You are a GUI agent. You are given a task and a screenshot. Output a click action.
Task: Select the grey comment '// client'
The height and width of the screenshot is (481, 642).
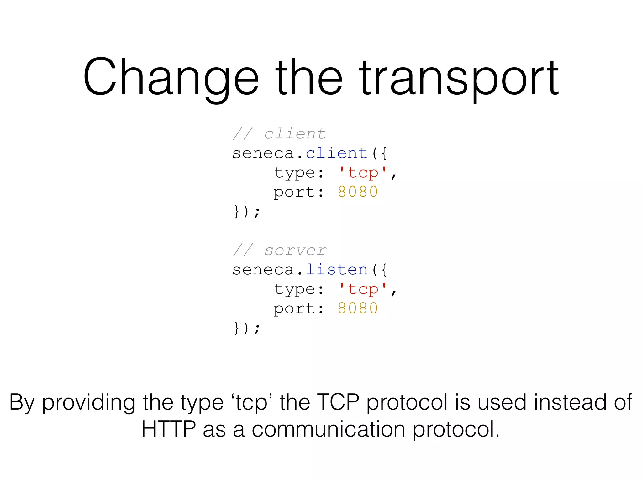tap(279, 134)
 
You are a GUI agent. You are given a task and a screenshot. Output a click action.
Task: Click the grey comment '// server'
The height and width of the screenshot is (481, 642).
tap(279, 251)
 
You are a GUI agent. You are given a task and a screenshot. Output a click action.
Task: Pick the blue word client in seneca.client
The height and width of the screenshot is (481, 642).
tap(336, 153)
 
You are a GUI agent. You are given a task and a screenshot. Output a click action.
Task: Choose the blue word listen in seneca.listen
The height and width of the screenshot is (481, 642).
tap(336, 270)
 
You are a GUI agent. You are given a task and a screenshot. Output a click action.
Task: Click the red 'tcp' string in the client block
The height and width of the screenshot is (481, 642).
tap(363, 173)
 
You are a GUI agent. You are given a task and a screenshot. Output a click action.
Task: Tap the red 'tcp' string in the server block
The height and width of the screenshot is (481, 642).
tap(363, 289)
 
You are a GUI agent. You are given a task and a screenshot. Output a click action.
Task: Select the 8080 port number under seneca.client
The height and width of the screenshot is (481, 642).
tap(358, 192)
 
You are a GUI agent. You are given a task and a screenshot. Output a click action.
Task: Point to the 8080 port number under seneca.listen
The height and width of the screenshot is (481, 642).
tap(358, 308)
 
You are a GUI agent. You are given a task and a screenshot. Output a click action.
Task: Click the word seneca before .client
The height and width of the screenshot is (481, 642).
tap(263, 153)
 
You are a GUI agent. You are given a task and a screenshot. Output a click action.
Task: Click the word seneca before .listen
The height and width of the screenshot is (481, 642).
tap(263, 270)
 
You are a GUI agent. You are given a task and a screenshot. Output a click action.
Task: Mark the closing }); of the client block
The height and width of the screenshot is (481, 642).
tap(247, 212)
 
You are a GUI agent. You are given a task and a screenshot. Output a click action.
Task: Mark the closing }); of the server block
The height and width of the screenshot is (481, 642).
tap(247, 328)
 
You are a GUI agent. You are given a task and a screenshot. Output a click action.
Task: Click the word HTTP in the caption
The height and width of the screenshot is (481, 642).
tap(168, 429)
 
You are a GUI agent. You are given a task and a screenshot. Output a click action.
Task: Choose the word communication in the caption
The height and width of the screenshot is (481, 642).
tap(328, 429)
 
